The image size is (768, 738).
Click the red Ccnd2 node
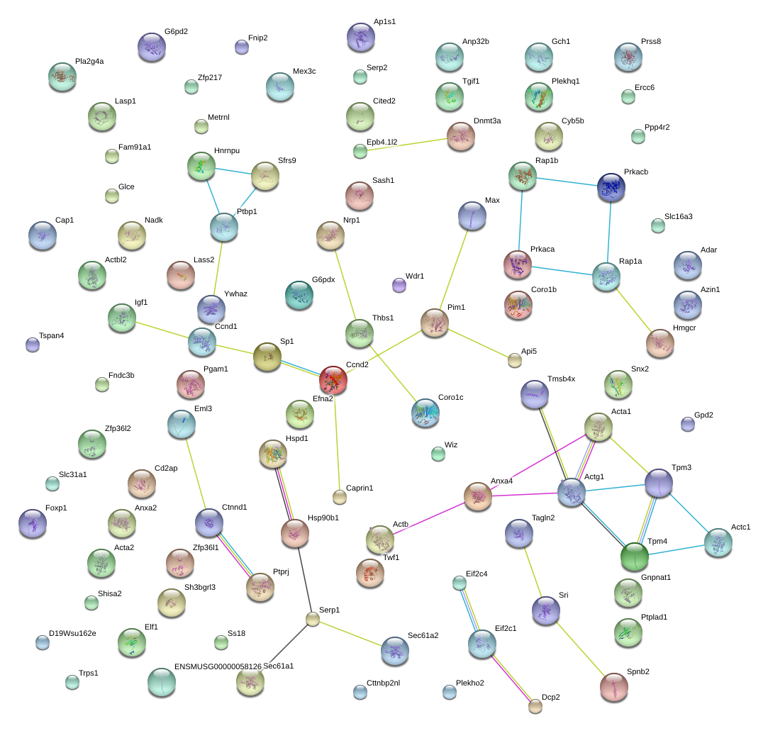pyautogui.click(x=333, y=380)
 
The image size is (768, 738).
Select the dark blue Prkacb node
pyautogui.click(x=611, y=186)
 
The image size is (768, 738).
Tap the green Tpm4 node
pyautogui.click(x=634, y=557)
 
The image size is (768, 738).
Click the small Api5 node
pyautogui.click(x=515, y=360)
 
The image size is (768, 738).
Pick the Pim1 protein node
pyautogui.click(x=434, y=323)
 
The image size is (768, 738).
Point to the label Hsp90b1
pyautogui.click(x=323, y=518)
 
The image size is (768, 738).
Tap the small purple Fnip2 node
pyautogui.click(x=242, y=47)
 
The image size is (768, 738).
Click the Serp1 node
pyautogui.click(x=313, y=619)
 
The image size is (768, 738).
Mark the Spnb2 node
pyautogui.click(x=613, y=686)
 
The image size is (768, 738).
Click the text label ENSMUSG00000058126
pyautogui.click(x=218, y=667)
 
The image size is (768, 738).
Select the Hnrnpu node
pyautogui.click(x=201, y=165)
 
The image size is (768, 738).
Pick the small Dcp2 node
pyautogui.click(x=535, y=705)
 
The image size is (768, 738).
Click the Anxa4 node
pyautogui.click(x=478, y=496)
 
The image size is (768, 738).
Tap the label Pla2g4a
pyautogui.click(x=89, y=62)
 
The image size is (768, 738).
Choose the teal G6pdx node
pyautogui.click(x=299, y=296)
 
